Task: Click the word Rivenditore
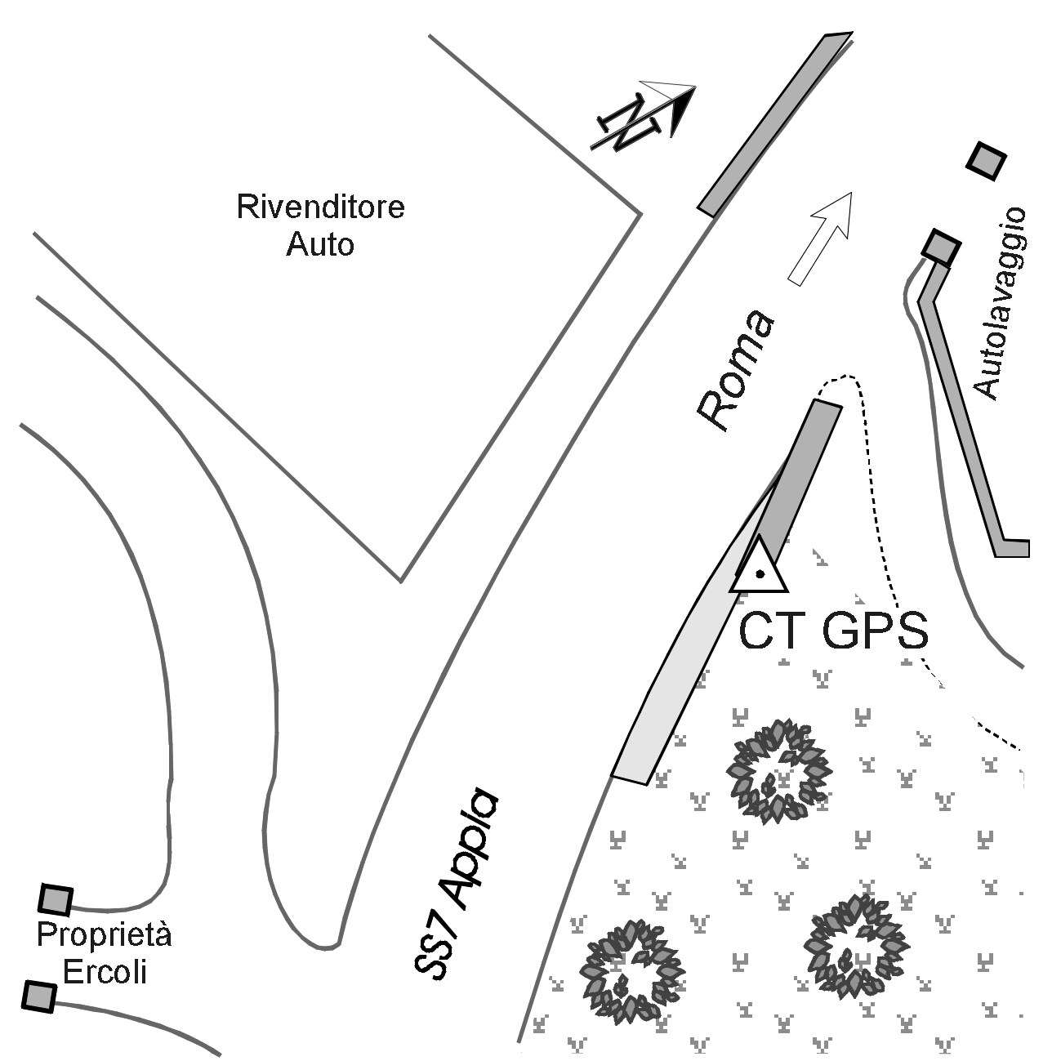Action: (320, 207)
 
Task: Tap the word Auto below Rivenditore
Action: (320, 244)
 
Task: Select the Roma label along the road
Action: (736, 370)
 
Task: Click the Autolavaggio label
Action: (1000, 304)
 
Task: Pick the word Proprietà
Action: (104, 935)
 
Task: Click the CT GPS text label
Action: (833, 631)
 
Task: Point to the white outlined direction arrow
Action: (820, 239)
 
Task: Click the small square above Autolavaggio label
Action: (987, 161)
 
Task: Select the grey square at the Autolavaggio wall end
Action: (942, 247)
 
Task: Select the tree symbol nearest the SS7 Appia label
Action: (633, 976)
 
